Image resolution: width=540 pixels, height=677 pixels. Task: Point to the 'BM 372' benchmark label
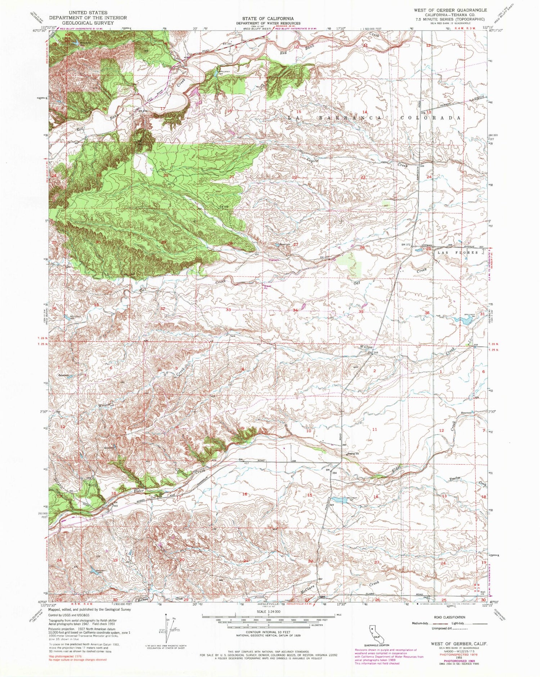click(x=406, y=245)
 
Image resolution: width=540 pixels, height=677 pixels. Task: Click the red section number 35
click(x=360, y=312)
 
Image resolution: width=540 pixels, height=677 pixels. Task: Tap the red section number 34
click(x=295, y=310)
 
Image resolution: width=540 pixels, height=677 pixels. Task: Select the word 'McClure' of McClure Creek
click(x=308, y=591)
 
